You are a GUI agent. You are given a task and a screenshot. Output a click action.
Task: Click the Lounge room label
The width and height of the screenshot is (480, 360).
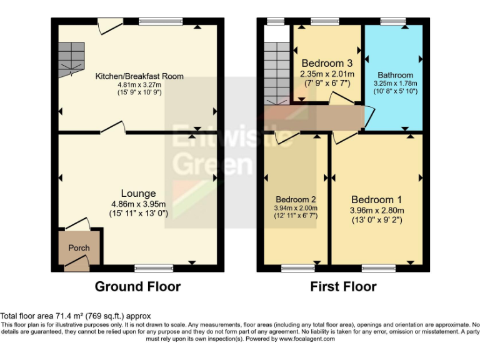pos(138,193)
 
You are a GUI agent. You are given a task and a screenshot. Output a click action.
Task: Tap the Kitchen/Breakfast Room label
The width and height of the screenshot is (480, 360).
pos(139,76)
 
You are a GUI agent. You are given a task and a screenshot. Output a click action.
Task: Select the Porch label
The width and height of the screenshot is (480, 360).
pos(79,248)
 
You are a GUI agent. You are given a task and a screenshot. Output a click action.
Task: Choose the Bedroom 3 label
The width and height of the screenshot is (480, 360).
pos(327,64)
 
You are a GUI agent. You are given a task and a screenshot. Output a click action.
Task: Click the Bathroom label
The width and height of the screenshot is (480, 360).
pos(394,75)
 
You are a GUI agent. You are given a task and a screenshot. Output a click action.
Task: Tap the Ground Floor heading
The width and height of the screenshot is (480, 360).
pos(137,287)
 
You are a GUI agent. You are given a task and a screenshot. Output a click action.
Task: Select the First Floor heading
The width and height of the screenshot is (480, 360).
pos(343,287)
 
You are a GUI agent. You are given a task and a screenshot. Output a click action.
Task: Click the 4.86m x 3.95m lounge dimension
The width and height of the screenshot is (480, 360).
pos(138,204)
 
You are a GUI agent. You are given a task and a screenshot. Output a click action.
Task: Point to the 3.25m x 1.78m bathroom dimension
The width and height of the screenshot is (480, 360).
pos(394,83)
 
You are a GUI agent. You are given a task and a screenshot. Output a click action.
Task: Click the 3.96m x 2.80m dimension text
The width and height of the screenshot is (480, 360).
pos(377,210)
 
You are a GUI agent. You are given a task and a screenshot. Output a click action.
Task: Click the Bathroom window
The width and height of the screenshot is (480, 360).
pos(394,22)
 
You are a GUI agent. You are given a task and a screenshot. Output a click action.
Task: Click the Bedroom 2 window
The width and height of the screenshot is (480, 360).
pos(294,268)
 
